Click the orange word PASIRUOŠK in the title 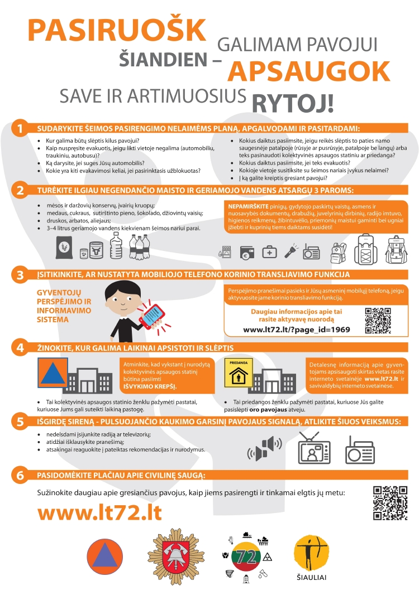coord(117,30)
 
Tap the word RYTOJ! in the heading coord(293,103)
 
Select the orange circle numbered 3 coord(20,275)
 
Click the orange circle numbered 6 coord(20,476)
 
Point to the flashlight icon coord(291,251)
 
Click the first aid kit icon coord(270,252)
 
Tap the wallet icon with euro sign coord(247,253)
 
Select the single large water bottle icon coord(116,245)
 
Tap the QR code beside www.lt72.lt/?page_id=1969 coord(378,321)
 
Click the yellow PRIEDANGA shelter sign coord(239,373)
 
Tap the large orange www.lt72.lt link coord(99,512)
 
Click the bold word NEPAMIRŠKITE coord(248,206)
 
